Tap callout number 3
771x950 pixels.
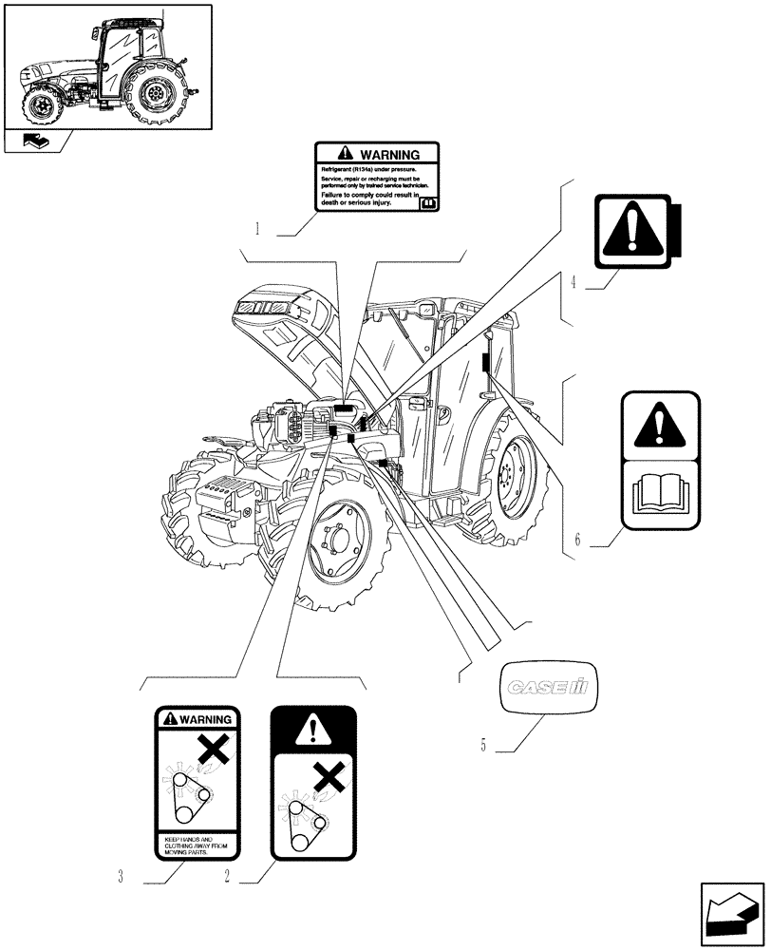coord(121,878)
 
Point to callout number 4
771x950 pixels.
coord(574,282)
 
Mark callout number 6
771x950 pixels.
coord(576,541)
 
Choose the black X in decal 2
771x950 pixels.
coord(328,779)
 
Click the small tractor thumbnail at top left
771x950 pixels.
coord(106,66)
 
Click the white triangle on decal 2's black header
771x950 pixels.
coord(312,730)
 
